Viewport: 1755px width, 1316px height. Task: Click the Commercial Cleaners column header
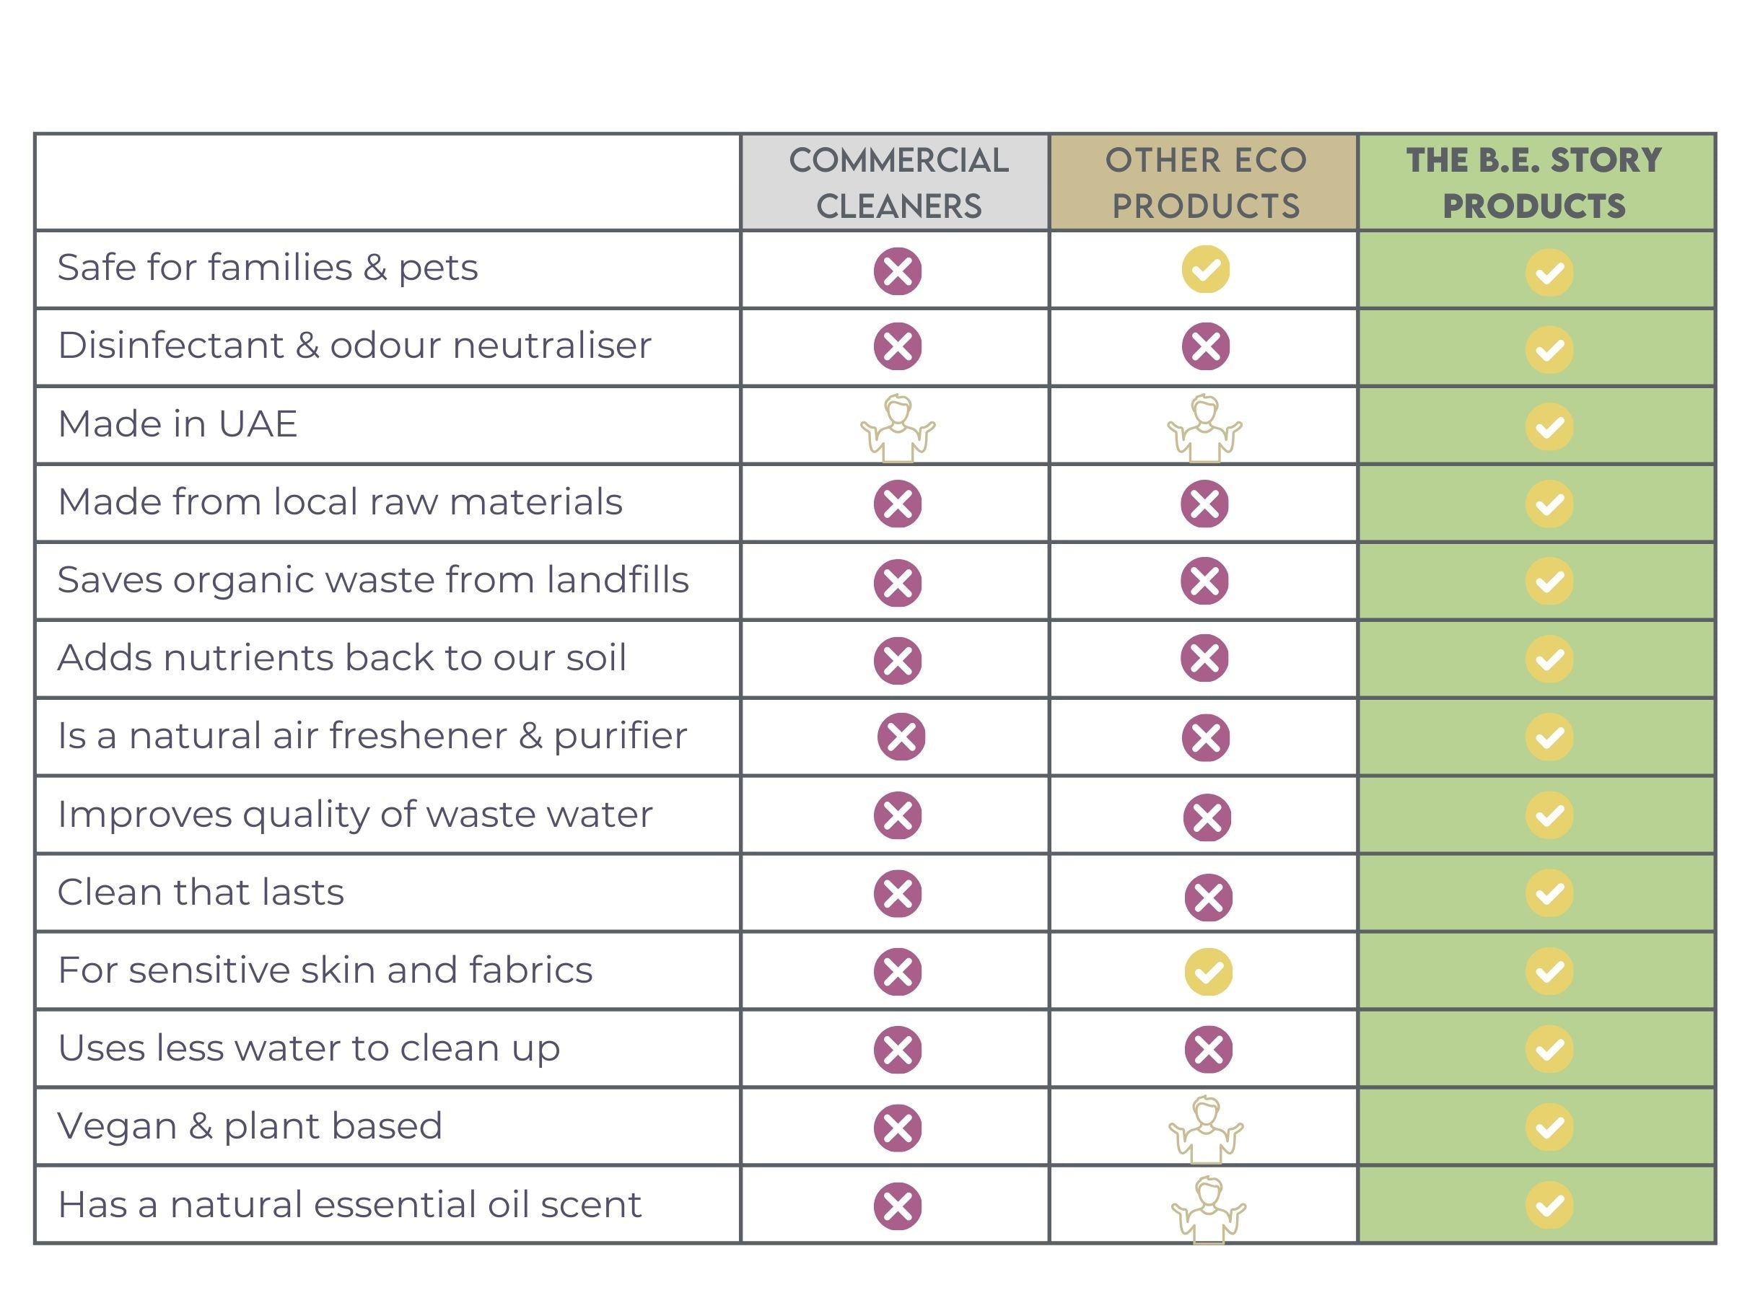[x=898, y=183]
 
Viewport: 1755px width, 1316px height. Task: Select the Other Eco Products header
[x=1205, y=183]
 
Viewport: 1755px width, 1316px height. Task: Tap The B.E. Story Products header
[x=1534, y=183]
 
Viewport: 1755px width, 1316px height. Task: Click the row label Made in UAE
[x=178, y=424]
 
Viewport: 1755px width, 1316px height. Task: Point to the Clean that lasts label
[x=201, y=892]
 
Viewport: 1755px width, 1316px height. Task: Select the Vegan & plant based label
[x=250, y=1126]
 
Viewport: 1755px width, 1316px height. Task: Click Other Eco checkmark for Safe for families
[x=1205, y=270]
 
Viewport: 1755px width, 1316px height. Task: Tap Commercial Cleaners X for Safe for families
[x=897, y=271]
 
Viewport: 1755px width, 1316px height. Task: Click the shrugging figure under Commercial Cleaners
[x=897, y=429]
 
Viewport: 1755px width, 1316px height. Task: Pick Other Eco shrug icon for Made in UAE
[x=1204, y=429]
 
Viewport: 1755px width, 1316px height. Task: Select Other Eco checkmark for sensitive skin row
[x=1208, y=972]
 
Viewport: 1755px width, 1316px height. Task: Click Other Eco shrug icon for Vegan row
[x=1206, y=1130]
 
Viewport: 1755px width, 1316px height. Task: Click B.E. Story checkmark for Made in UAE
[x=1549, y=427]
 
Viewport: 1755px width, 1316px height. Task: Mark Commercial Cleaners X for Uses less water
[x=897, y=1050]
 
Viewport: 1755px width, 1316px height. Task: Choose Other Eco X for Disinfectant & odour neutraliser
[x=1205, y=346]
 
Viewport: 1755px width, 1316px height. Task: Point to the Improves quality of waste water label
[x=354, y=815]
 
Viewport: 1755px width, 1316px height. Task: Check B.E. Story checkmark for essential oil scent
[x=1549, y=1206]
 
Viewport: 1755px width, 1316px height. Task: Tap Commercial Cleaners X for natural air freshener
[x=901, y=737]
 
